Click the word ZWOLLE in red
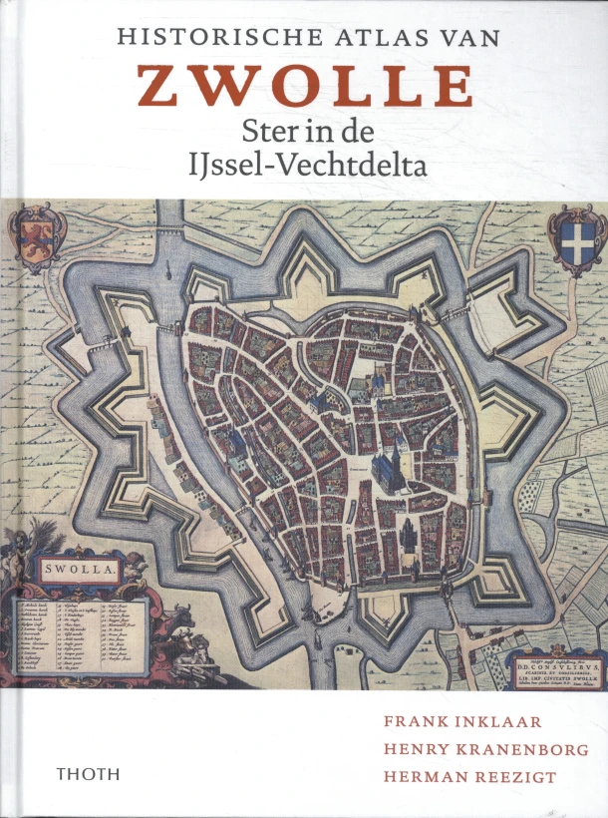click(x=305, y=86)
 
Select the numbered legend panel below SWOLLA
click(x=80, y=634)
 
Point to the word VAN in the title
click(x=464, y=37)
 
